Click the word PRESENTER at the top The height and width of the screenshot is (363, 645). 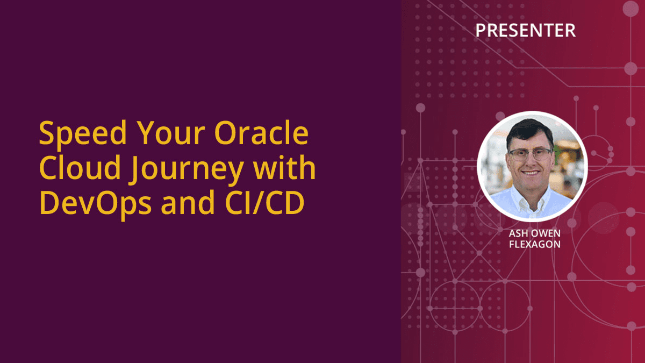tap(525, 31)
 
